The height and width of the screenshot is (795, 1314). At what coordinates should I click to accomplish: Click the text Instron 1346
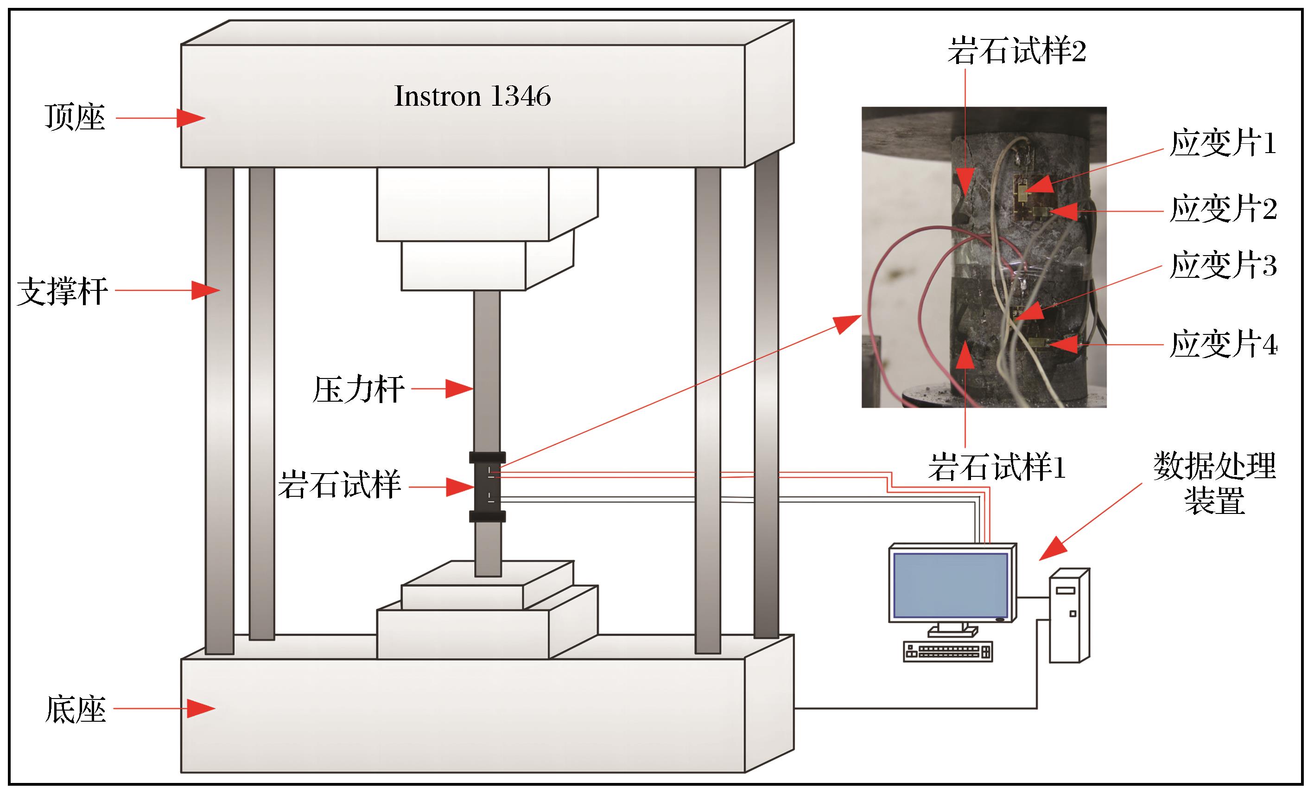(472, 96)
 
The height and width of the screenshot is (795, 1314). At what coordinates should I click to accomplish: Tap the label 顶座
(75, 118)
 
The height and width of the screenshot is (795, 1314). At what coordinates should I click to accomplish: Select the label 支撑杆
(63, 291)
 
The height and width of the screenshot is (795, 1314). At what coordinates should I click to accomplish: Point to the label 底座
(76, 710)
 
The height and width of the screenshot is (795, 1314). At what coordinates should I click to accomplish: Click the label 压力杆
(358, 390)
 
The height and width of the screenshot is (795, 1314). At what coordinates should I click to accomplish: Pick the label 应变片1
(1223, 143)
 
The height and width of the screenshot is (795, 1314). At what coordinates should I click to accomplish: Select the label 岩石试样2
(1016, 52)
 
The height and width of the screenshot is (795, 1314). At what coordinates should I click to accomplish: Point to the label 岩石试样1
(997, 468)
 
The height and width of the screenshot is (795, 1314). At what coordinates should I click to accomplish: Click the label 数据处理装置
(1214, 483)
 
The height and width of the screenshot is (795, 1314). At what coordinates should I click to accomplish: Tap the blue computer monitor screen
(951, 586)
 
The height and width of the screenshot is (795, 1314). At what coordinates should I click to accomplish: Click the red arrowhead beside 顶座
(190, 118)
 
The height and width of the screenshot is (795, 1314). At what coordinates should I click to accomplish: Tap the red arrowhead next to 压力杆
(458, 389)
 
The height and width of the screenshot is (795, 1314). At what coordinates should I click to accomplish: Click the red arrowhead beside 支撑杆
(205, 291)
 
